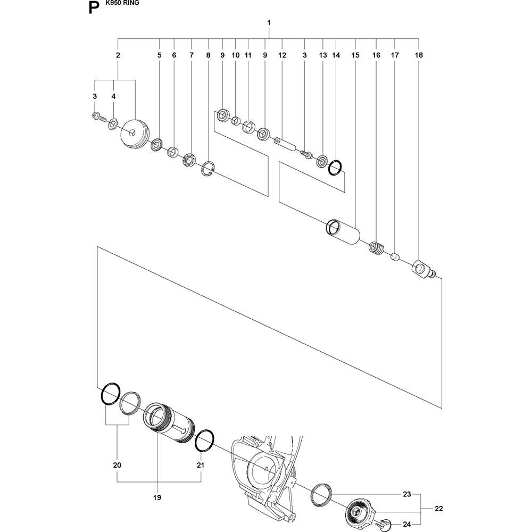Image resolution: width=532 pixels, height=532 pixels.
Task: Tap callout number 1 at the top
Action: click(x=269, y=23)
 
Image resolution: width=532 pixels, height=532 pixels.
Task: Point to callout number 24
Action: click(x=407, y=525)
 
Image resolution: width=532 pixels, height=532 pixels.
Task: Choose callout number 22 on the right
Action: click(x=438, y=509)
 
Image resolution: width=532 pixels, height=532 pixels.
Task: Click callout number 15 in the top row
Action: click(x=355, y=55)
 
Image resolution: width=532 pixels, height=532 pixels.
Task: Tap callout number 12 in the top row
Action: click(x=282, y=55)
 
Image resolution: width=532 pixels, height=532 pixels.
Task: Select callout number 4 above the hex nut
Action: click(x=113, y=96)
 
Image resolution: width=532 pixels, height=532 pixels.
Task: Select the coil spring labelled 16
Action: click(x=377, y=247)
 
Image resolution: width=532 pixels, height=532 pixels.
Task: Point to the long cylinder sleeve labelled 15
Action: click(x=343, y=232)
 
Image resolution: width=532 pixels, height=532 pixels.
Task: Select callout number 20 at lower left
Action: click(x=117, y=465)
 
